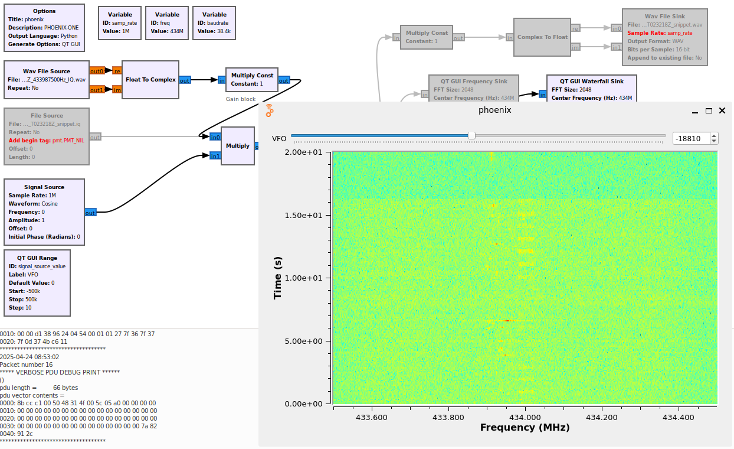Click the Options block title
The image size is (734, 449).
[44, 11]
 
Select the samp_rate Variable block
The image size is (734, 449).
[120, 23]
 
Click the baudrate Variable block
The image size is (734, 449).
[214, 23]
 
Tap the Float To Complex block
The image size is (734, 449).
[150, 79]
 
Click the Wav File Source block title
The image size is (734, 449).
[47, 71]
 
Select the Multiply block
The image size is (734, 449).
[238, 146]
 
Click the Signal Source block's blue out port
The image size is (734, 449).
[90, 213]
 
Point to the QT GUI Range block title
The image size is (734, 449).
[37, 258]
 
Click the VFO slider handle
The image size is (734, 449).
[471, 135]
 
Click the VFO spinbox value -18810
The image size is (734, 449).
[689, 138]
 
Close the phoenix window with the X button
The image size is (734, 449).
[722, 110]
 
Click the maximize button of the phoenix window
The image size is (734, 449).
[709, 110]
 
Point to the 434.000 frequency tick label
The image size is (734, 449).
[525, 418]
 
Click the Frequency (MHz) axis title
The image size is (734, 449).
[525, 427]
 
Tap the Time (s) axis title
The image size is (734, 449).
[277, 278]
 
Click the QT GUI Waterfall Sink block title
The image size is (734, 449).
[591, 82]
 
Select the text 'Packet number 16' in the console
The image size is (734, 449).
[26, 365]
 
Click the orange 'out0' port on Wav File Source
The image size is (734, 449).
[97, 71]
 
